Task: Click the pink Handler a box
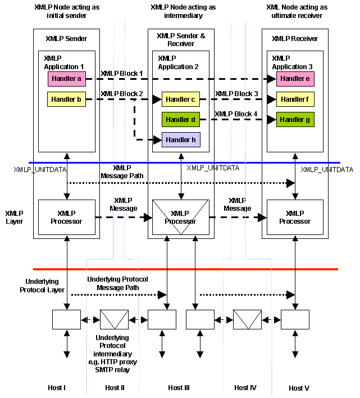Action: [x=67, y=79]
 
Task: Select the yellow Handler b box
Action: [x=67, y=100]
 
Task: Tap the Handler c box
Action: [x=181, y=100]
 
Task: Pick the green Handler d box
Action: [x=181, y=119]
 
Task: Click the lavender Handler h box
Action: [x=181, y=139]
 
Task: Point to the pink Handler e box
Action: [x=295, y=79]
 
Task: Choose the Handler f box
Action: [x=295, y=99]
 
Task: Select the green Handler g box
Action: [x=295, y=119]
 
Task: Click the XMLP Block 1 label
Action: [x=122, y=74]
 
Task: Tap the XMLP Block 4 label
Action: [x=236, y=114]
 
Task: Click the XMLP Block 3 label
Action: [x=236, y=94]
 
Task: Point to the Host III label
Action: [x=179, y=388]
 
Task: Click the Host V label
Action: [x=299, y=388]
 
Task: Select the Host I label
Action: [x=57, y=388]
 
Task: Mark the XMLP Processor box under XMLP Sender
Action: [x=67, y=218]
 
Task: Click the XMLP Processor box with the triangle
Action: [x=180, y=218]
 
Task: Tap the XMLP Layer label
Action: [x=15, y=218]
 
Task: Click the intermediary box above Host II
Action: [x=114, y=319]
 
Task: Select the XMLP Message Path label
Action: [x=122, y=172]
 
